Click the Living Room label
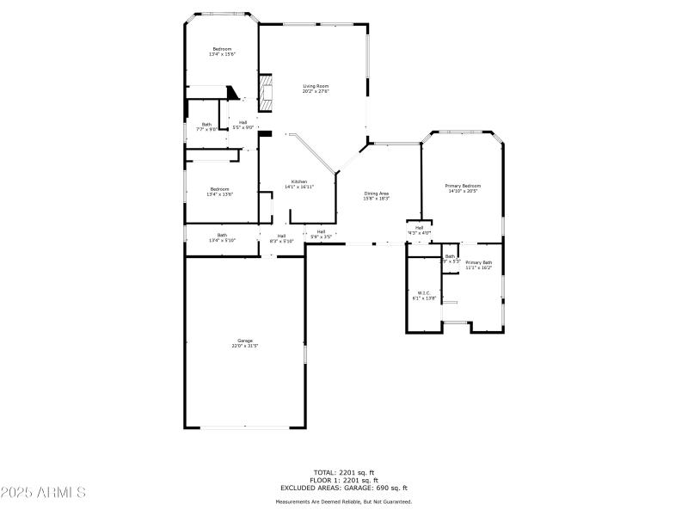pos(316,89)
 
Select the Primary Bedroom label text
pos(462,188)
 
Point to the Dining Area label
pos(376,195)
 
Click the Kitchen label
pos(298,184)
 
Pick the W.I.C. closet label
pos(424,295)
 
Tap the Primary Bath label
pos(478,265)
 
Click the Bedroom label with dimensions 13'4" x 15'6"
pos(222,52)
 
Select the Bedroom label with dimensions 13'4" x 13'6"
pos(219,192)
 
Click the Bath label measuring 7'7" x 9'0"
pos(206,126)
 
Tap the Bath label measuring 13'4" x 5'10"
pos(222,237)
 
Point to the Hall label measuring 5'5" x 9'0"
pos(243,125)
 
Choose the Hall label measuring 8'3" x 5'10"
pos(281,238)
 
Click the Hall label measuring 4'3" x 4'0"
pos(419,230)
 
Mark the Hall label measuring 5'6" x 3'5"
pos(321,233)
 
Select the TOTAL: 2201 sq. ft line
pos(343,471)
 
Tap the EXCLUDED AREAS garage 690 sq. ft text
pos(343,488)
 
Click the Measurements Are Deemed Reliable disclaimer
pos(343,501)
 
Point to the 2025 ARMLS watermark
pos(43,493)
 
